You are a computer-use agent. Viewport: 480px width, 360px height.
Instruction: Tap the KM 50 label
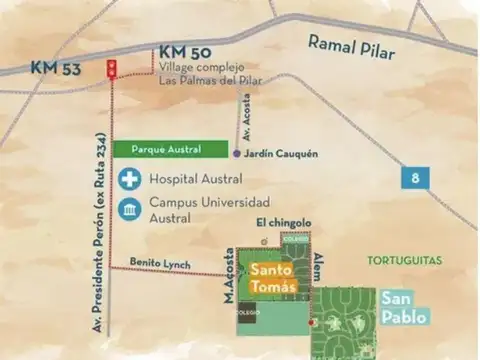coord(182,52)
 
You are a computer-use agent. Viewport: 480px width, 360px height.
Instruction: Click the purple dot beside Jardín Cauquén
coord(237,154)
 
